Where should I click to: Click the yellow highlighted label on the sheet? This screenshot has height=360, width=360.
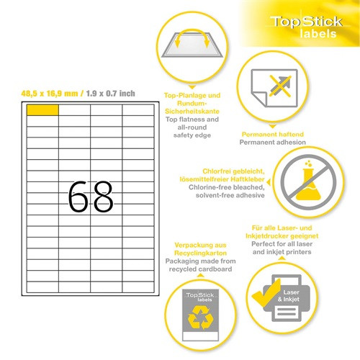tap(42, 110)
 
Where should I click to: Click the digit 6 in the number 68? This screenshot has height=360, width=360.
tap(78, 197)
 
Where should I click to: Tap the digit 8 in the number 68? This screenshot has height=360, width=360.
tap(103, 197)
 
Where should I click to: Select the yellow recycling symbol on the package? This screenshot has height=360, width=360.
tap(201, 318)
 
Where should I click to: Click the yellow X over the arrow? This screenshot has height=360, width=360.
tap(280, 86)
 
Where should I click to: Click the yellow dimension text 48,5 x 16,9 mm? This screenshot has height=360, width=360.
tap(50, 94)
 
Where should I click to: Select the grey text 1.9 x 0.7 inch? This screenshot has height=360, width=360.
tap(110, 94)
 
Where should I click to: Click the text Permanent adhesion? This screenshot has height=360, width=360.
tap(273, 143)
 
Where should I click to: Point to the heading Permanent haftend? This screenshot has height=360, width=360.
tap(273, 134)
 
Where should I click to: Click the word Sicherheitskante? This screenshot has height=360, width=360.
tap(192, 112)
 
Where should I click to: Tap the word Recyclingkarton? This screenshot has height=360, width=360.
tap(200, 253)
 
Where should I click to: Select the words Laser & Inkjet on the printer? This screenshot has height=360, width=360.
tap(289, 296)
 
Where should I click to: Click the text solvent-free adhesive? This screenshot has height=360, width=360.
tap(230, 195)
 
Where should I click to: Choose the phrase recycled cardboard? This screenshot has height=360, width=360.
tap(200, 269)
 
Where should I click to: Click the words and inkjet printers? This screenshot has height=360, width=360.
tap(282, 252)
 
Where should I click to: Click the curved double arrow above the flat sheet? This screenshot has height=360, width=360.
tap(192, 31)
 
